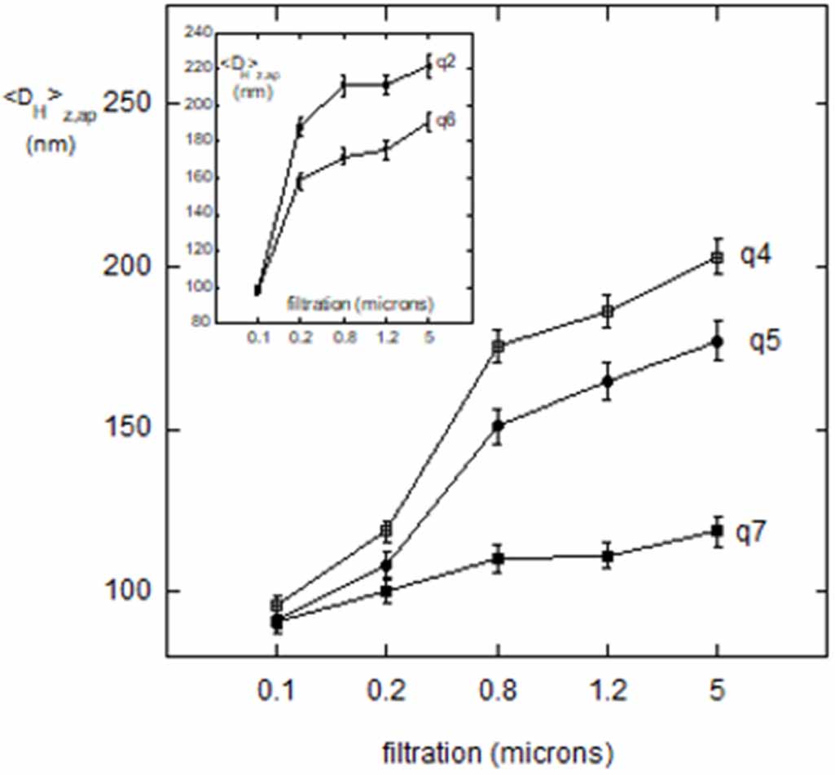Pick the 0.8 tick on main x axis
(x=497, y=693)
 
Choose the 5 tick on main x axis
(x=717, y=693)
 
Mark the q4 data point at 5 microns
(x=717, y=258)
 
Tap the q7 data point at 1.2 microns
(x=607, y=557)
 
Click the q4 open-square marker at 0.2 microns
(x=387, y=531)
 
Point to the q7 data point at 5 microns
(x=717, y=531)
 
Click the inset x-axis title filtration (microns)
(x=360, y=305)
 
